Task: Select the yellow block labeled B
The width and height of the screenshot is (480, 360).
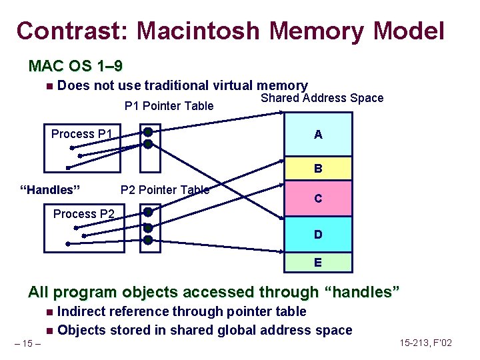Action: point(318,169)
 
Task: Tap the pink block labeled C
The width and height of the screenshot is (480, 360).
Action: point(318,198)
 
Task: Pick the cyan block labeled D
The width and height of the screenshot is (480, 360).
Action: point(318,234)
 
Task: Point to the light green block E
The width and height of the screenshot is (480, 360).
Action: point(318,263)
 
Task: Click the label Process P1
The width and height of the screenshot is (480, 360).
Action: point(82,134)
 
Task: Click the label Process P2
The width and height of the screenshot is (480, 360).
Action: point(83,214)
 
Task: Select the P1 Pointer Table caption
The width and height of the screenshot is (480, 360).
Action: point(169,106)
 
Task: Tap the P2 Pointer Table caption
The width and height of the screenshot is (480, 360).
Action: point(165,190)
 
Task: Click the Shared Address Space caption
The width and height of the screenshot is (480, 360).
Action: point(322,98)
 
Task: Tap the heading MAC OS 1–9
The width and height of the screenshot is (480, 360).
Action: point(75,66)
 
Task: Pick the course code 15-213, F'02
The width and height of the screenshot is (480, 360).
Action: point(426,343)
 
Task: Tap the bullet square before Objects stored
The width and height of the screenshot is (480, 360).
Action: point(50,331)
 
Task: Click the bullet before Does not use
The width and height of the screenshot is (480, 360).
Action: point(50,86)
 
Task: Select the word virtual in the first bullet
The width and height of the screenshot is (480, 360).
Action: point(236,85)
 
